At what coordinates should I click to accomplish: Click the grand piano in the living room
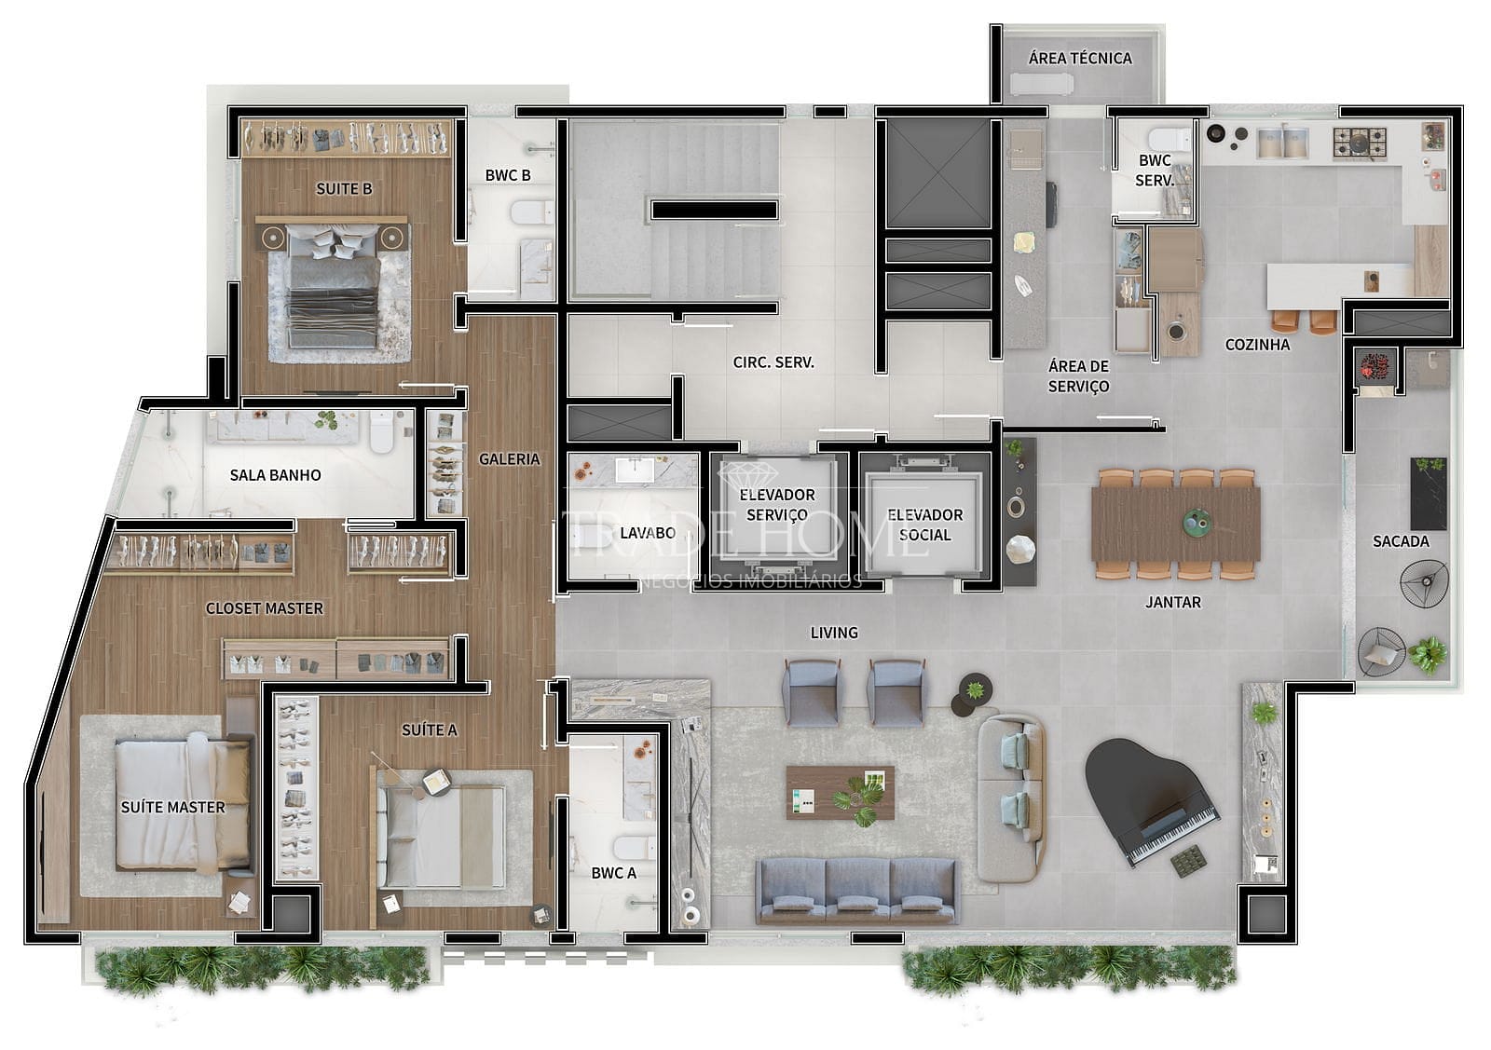click(x=1148, y=800)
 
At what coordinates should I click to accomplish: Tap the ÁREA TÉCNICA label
click(x=1080, y=59)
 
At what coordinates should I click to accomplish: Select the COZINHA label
click(x=1257, y=345)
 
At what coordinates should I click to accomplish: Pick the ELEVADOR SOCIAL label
click(x=924, y=525)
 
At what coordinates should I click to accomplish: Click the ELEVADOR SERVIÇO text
click(x=777, y=504)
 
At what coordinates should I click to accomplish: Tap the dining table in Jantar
click(x=1175, y=524)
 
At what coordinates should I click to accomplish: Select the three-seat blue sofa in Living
click(x=857, y=891)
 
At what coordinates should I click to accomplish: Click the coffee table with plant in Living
click(x=840, y=793)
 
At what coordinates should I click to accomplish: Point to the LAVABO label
click(x=647, y=533)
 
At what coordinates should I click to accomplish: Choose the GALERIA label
click(x=509, y=459)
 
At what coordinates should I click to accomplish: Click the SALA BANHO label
click(x=275, y=475)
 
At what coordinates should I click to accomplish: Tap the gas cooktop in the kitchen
click(x=1360, y=143)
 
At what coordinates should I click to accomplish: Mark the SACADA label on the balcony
click(x=1401, y=541)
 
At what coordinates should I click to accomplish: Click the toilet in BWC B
click(x=532, y=213)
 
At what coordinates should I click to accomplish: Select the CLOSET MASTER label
click(x=265, y=608)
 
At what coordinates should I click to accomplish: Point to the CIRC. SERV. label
click(x=773, y=362)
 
